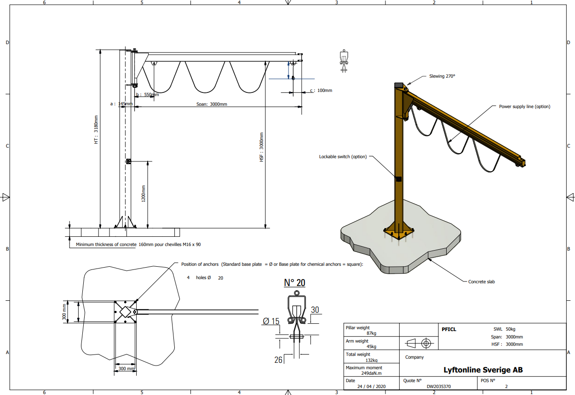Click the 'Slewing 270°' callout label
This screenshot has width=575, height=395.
(442, 76)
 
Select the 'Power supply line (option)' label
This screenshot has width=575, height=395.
(524, 107)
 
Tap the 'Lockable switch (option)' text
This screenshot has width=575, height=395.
(343, 156)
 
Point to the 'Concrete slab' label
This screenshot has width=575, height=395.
(481, 281)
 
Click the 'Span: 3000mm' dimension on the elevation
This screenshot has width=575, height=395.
(212, 104)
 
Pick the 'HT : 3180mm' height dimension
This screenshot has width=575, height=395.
(96, 130)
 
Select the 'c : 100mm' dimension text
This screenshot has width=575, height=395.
(321, 90)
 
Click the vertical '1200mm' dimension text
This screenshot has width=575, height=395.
(144, 194)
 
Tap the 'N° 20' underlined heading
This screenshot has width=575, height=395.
(294, 283)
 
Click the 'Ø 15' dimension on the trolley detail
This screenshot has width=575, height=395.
(271, 321)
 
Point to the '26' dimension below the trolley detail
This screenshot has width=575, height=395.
(278, 360)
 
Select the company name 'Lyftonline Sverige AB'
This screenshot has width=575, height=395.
(483, 370)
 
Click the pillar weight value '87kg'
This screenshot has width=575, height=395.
(371, 333)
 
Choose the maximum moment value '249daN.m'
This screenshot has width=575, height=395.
(371, 373)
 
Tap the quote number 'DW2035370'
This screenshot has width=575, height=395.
(439, 387)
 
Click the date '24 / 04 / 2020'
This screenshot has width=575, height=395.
(371, 387)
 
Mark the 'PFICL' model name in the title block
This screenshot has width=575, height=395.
(449, 329)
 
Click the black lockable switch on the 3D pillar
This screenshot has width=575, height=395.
(398, 179)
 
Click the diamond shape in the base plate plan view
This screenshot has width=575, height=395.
(125, 312)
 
